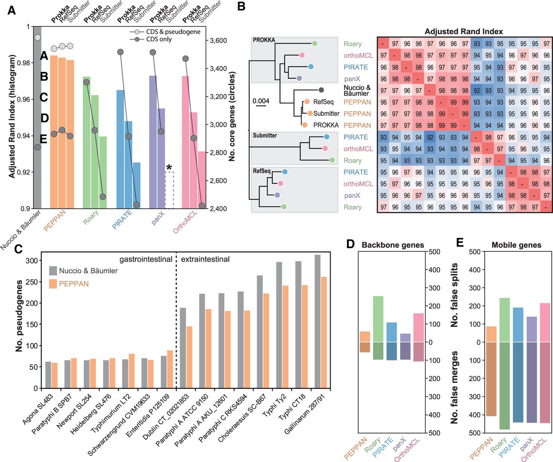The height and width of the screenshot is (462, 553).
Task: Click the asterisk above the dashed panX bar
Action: [x=169, y=167]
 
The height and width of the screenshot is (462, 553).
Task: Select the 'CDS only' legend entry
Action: [x=159, y=39]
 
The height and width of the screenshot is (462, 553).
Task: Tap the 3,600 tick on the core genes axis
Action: [x=218, y=41]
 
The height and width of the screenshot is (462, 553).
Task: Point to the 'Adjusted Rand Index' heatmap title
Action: [x=464, y=32]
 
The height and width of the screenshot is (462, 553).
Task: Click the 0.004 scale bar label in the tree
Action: [x=261, y=101]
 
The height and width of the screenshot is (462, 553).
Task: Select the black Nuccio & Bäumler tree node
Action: [x=321, y=90]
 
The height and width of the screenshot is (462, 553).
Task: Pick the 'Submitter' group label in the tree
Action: [x=265, y=136]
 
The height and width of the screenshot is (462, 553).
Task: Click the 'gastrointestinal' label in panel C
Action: [x=146, y=259]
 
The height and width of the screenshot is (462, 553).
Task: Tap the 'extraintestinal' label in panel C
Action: [x=205, y=259]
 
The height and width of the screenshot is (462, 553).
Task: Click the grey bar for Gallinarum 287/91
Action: [x=318, y=322]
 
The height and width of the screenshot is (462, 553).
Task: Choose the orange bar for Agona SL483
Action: [x=54, y=375]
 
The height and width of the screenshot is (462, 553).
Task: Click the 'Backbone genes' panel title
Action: [x=393, y=245]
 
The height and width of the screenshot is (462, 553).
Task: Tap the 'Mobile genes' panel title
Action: [x=516, y=245]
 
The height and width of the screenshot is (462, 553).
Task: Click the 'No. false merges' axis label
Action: [x=454, y=387]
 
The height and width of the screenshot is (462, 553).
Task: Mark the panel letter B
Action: [x=242, y=6]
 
